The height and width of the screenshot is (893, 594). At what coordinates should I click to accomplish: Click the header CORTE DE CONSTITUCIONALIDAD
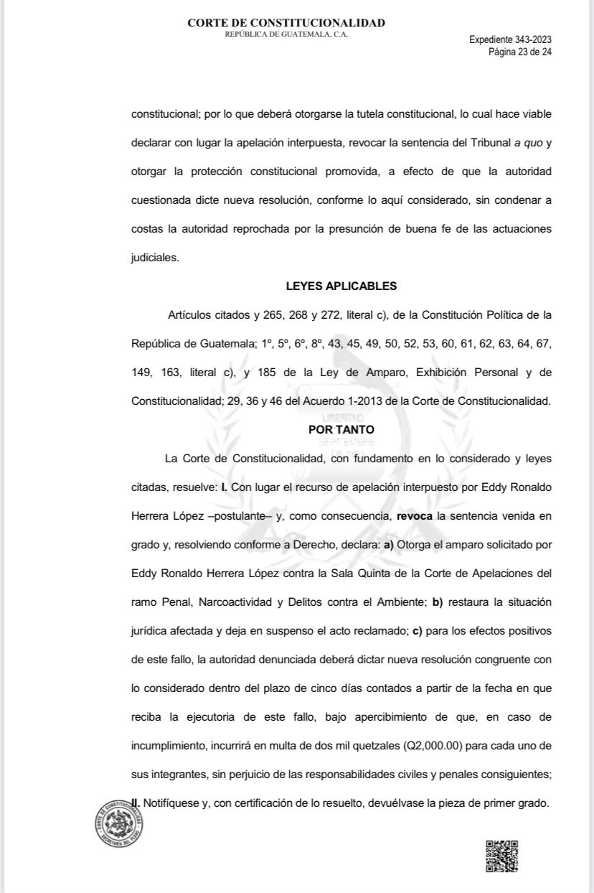[x=286, y=23]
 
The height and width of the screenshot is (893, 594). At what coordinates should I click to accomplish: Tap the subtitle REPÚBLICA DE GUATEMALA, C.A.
[x=286, y=34]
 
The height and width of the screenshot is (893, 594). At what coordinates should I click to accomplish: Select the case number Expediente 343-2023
[x=510, y=40]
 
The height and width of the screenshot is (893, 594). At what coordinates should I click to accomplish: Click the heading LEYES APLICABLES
[x=341, y=286]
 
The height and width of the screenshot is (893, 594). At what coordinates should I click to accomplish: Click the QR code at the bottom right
[x=502, y=856]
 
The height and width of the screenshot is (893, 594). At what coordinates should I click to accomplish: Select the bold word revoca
[x=417, y=515]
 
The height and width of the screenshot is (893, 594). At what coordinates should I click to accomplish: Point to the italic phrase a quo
[x=527, y=142]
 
